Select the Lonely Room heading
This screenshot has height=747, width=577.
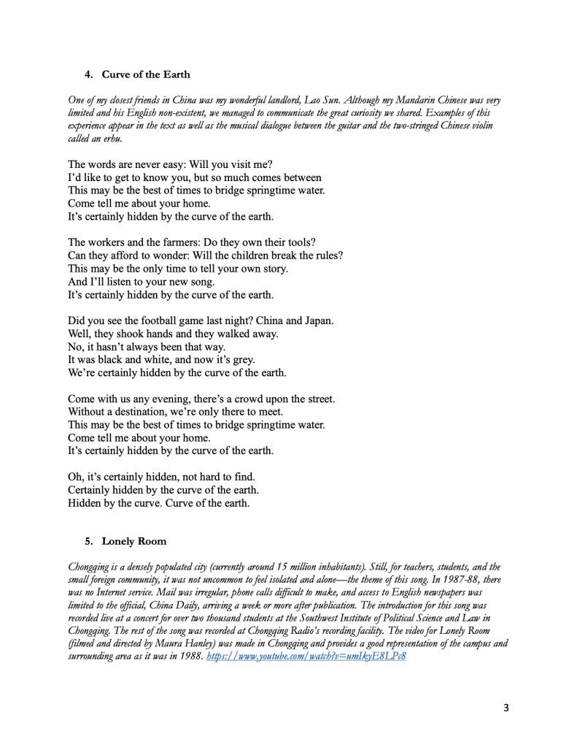coord(133,541)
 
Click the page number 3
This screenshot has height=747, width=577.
coord(507,708)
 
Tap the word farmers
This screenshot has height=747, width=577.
coord(180,242)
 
